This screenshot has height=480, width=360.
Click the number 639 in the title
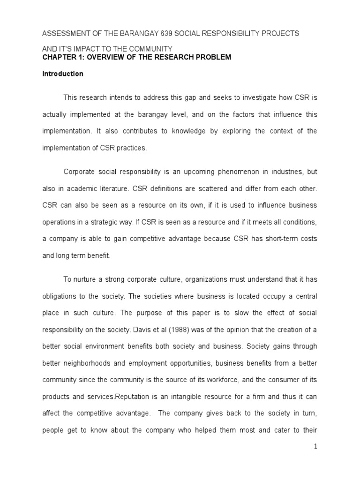click(152, 34)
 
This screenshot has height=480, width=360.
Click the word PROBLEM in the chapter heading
click(210, 57)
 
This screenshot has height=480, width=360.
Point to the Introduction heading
click(63, 74)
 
